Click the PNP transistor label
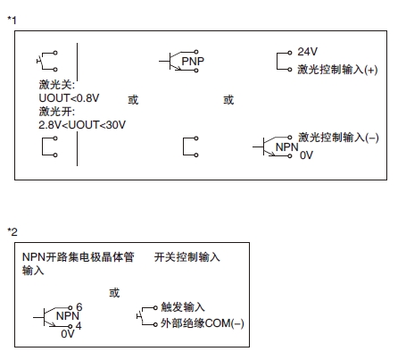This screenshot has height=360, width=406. [x=193, y=62]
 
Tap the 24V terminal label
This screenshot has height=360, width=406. [x=307, y=52]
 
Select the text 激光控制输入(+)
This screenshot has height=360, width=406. [x=337, y=70]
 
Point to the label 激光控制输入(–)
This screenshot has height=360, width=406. [x=338, y=138]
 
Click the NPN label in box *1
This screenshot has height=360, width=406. [x=286, y=147]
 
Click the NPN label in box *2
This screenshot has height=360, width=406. [x=68, y=316]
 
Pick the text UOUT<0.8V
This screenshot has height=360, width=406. [x=69, y=98]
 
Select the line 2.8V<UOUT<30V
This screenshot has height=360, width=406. [x=82, y=125]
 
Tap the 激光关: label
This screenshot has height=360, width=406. [x=56, y=85]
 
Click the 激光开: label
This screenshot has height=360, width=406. [x=56, y=112]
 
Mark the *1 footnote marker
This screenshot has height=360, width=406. [x=12, y=21]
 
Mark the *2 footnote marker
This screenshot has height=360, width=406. [x=12, y=231]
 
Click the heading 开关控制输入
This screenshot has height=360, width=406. [x=187, y=257]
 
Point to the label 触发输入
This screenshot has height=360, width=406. [x=183, y=306]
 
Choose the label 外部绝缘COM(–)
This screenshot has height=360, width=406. [x=203, y=323]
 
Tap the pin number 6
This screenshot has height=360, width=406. [x=79, y=306]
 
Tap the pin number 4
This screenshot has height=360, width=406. [x=79, y=325]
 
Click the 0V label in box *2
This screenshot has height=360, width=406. [x=68, y=334]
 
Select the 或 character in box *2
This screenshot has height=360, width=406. [x=114, y=293]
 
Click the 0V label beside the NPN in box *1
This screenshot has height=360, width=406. [x=306, y=155]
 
